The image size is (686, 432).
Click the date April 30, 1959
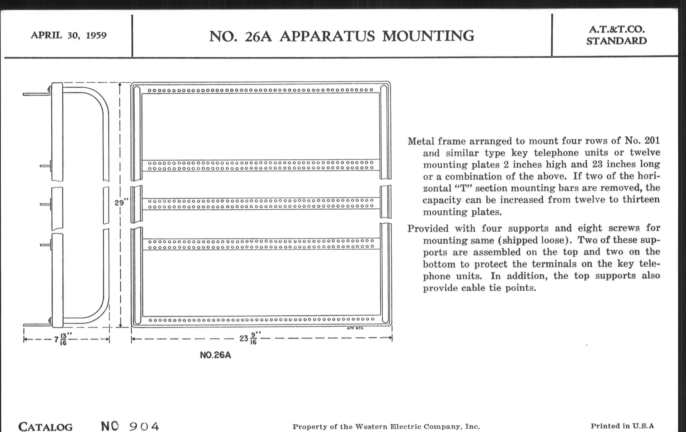click(69, 35)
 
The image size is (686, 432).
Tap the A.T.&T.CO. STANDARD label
click(617, 35)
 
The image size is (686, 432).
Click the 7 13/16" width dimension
click(61, 339)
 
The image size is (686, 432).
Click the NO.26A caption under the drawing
click(215, 355)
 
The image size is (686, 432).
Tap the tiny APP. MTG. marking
click(355, 328)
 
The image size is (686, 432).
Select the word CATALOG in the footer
click(45, 427)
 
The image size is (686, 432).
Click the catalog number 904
click(144, 426)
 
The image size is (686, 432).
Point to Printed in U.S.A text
click(622, 426)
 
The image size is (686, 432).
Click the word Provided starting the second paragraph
click(428, 228)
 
